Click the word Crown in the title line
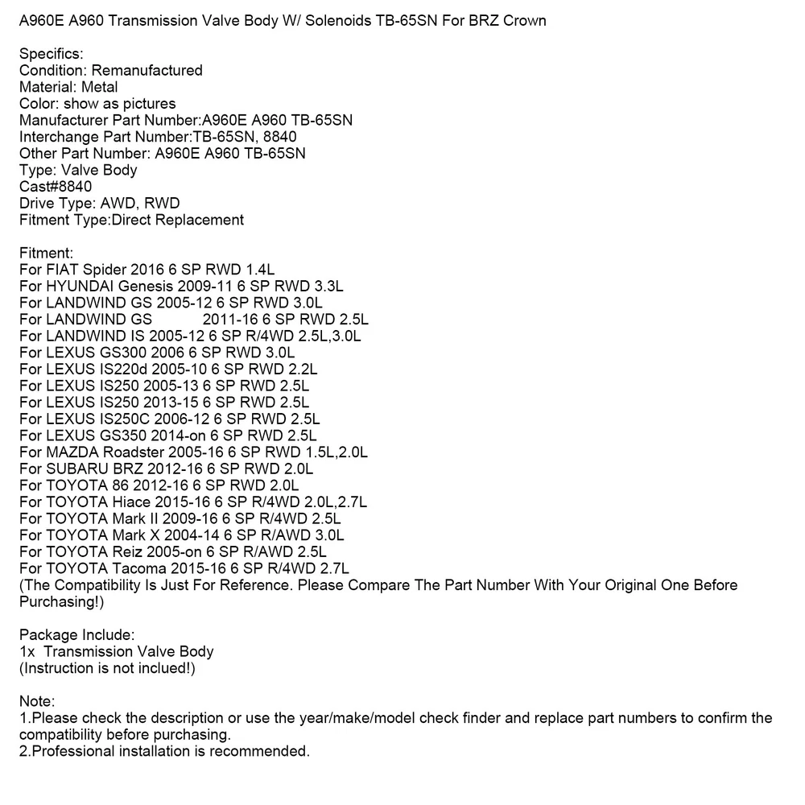pos(525,20)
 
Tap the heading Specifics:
pos(51,54)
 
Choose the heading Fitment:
pos(46,253)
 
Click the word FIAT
pos(62,270)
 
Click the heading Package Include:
pos(76,635)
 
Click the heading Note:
pos(37,702)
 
